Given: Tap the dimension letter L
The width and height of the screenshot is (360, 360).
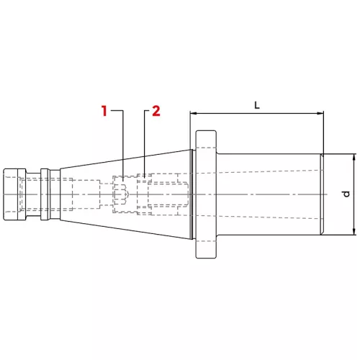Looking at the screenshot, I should coord(257,105).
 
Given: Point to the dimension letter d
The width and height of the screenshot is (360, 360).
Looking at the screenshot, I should coord(346,194).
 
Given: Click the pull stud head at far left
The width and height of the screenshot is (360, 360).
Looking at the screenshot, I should coord(14,194).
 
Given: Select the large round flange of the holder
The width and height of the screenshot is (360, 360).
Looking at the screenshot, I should coord(205,194).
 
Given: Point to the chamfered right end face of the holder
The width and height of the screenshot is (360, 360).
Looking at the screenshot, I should coord(323,194).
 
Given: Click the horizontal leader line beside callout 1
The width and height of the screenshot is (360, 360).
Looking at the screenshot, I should coord(116,111).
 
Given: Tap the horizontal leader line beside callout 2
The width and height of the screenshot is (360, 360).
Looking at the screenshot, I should coord(148,111).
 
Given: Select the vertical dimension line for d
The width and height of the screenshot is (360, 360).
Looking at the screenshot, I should coord(354,209).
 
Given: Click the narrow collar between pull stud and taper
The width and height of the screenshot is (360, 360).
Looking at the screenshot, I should coord(45,194).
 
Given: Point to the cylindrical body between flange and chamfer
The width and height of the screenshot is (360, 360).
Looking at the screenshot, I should coord(266,173).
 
